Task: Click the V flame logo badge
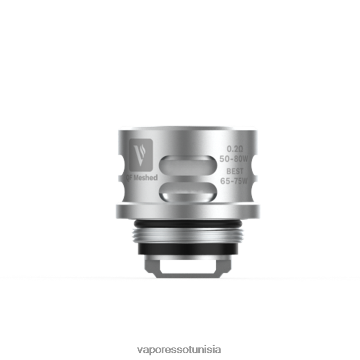click(x=141, y=154)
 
